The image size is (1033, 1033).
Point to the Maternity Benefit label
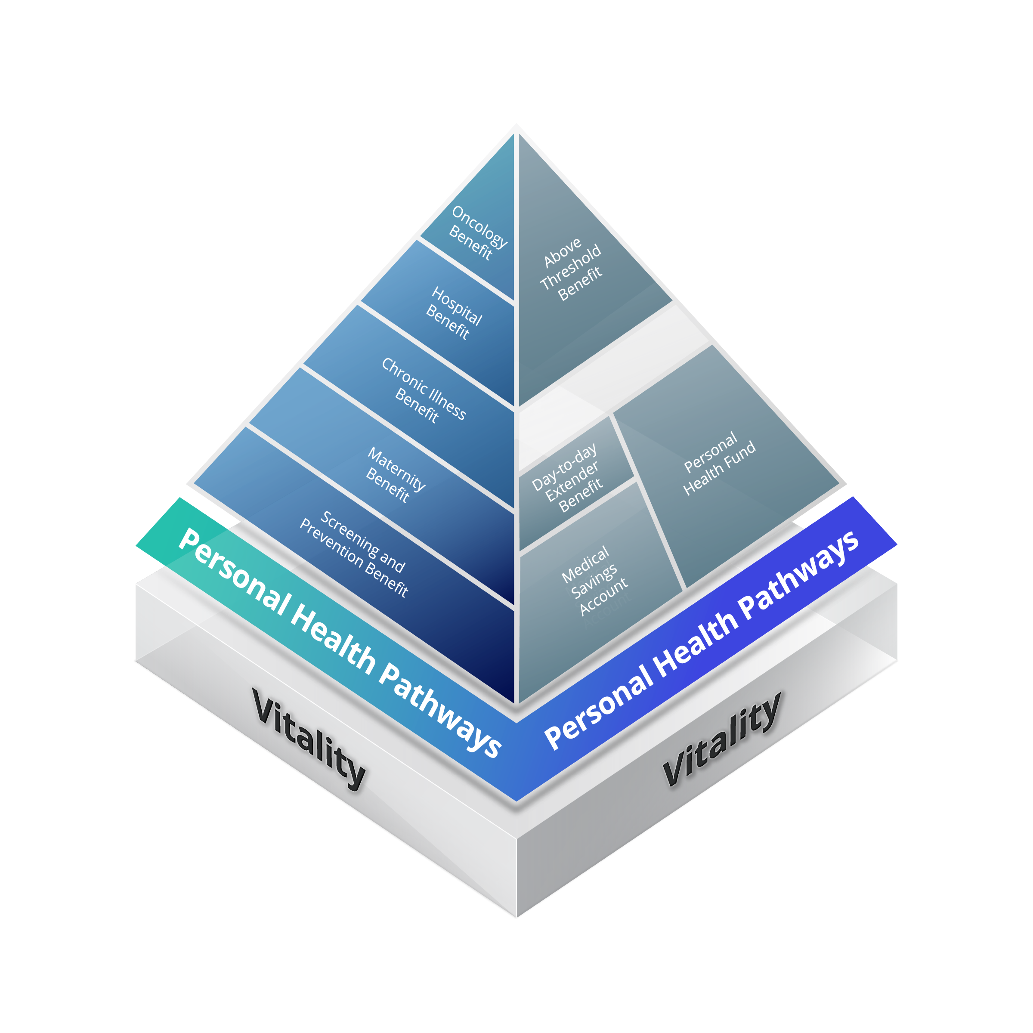(396, 475)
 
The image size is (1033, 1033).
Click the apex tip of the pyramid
(516, 127)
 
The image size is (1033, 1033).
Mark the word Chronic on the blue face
(404, 375)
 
